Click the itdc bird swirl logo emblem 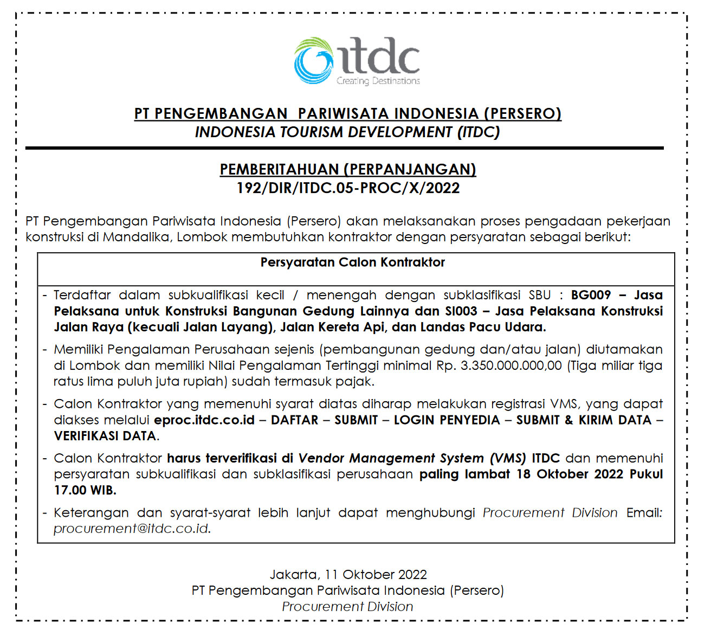click(x=314, y=61)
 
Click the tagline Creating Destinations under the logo click(x=378, y=81)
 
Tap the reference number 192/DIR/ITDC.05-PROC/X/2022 click(x=348, y=188)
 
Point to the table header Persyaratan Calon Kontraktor click(x=352, y=262)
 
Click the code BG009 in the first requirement click(x=591, y=295)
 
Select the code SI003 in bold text click(x=459, y=311)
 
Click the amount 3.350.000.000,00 click(x=511, y=365)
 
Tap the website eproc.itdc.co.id click(x=204, y=420)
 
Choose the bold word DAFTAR click(x=295, y=420)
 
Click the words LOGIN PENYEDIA click(x=447, y=420)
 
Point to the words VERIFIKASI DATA click(x=105, y=436)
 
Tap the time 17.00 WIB click(x=85, y=490)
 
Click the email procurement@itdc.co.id click(x=132, y=529)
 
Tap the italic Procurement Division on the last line click(x=347, y=607)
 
